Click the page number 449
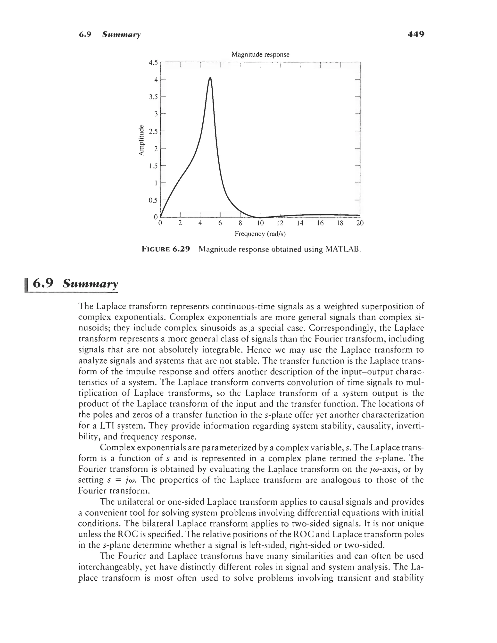pyautogui.click(x=416, y=34)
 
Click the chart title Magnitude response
pyautogui.click(x=260, y=54)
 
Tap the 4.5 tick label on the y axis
pyautogui.click(x=153, y=62)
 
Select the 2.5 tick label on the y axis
pyautogui.click(x=153, y=131)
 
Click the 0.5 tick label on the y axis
pyautogui.click(x=153, y=200)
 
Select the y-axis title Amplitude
pyautogui.click(x=142, y=140)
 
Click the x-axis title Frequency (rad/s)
pyautogui.click(x=260, y=234)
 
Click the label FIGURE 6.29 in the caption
pyautogui.click(x=166, y=249)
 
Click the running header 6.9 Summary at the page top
pyautogui.click(x=110, y=34)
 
